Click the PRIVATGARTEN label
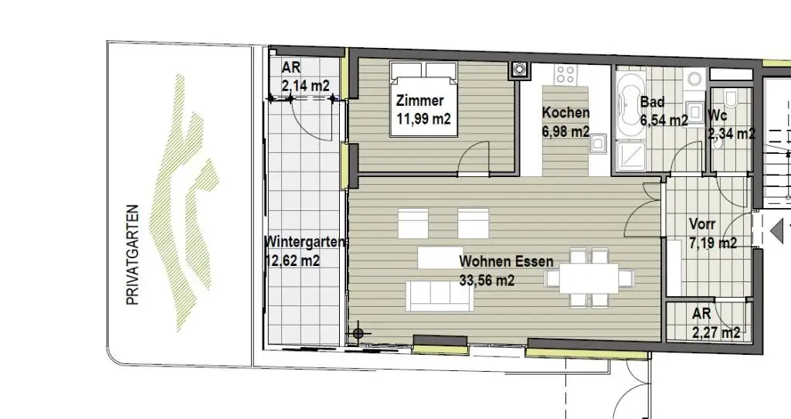132,254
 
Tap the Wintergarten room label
304,242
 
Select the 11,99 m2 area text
423,119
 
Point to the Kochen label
565,113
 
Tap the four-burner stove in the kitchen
565,75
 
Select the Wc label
718,115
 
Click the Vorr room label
702,225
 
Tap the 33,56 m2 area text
487,281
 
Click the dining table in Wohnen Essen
589,278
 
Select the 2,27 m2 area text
716,333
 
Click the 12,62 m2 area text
292,261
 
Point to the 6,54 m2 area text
664,121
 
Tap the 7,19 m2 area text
712,243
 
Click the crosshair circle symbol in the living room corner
358,333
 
